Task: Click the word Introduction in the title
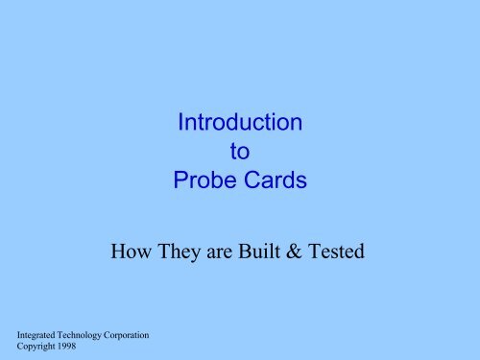pos(240,123)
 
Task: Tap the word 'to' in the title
pos(240,151)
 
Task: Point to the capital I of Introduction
pos(180,123)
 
